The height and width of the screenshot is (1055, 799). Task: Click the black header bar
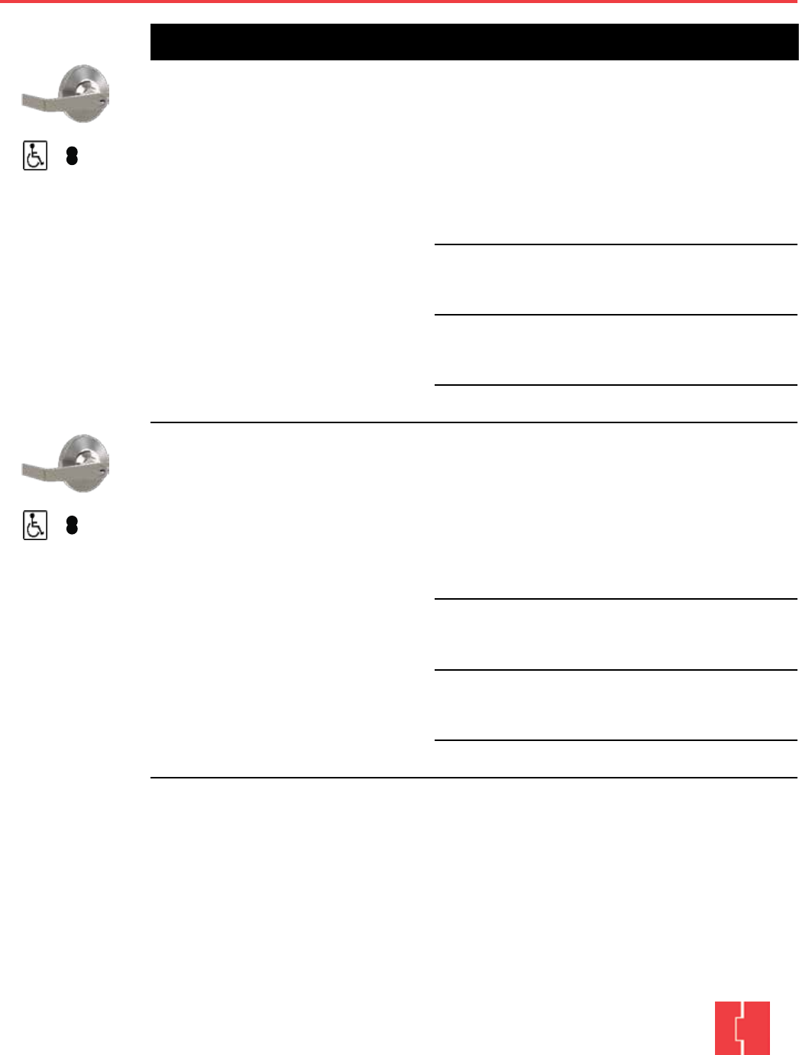(x=474, y=42)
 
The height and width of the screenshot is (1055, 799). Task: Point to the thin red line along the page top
(x=399, y=2)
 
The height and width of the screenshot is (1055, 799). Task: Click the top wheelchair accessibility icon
(x=35, y=156)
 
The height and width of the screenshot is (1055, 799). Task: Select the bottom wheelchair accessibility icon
(x=35, y=526)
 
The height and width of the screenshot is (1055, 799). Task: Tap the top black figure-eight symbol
(x=72, y=156)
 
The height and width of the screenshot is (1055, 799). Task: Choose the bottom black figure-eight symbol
(x=72, y=526)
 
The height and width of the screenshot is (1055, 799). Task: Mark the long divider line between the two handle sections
(x=474, y=422)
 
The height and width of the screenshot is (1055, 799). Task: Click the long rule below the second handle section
(x=474, y=778)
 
